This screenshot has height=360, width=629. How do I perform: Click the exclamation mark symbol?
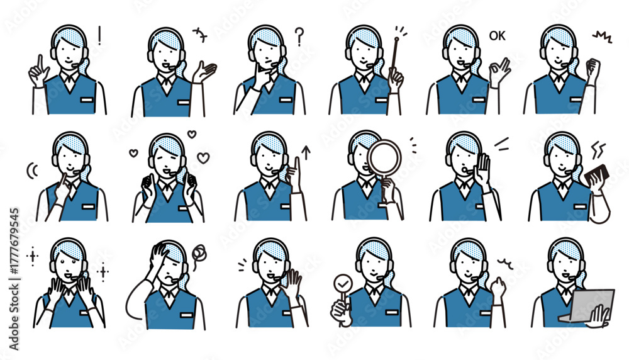(x=99, y=35)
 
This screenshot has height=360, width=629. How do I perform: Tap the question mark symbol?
(x=299, y=37)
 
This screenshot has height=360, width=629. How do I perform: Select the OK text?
(x=498, y=36)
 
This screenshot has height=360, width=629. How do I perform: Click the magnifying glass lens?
(x=384, y=157)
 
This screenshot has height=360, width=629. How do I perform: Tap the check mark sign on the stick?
(x=343, y=284)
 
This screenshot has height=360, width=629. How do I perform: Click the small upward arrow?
(x=306, y=152)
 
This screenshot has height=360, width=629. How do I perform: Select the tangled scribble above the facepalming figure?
(x=199, y=254)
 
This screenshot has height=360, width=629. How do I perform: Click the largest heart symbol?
(x=203, y=158)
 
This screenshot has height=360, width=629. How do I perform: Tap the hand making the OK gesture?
(x=499, y=72)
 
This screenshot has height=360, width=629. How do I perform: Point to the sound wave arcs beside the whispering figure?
(x=32, y=171)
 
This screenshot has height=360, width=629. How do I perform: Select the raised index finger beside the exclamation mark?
(x=40, y=64)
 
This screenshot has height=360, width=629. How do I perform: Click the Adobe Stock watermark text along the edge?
(x=14, y=279)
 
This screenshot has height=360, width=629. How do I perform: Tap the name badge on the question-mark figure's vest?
(x=285, y=100)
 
